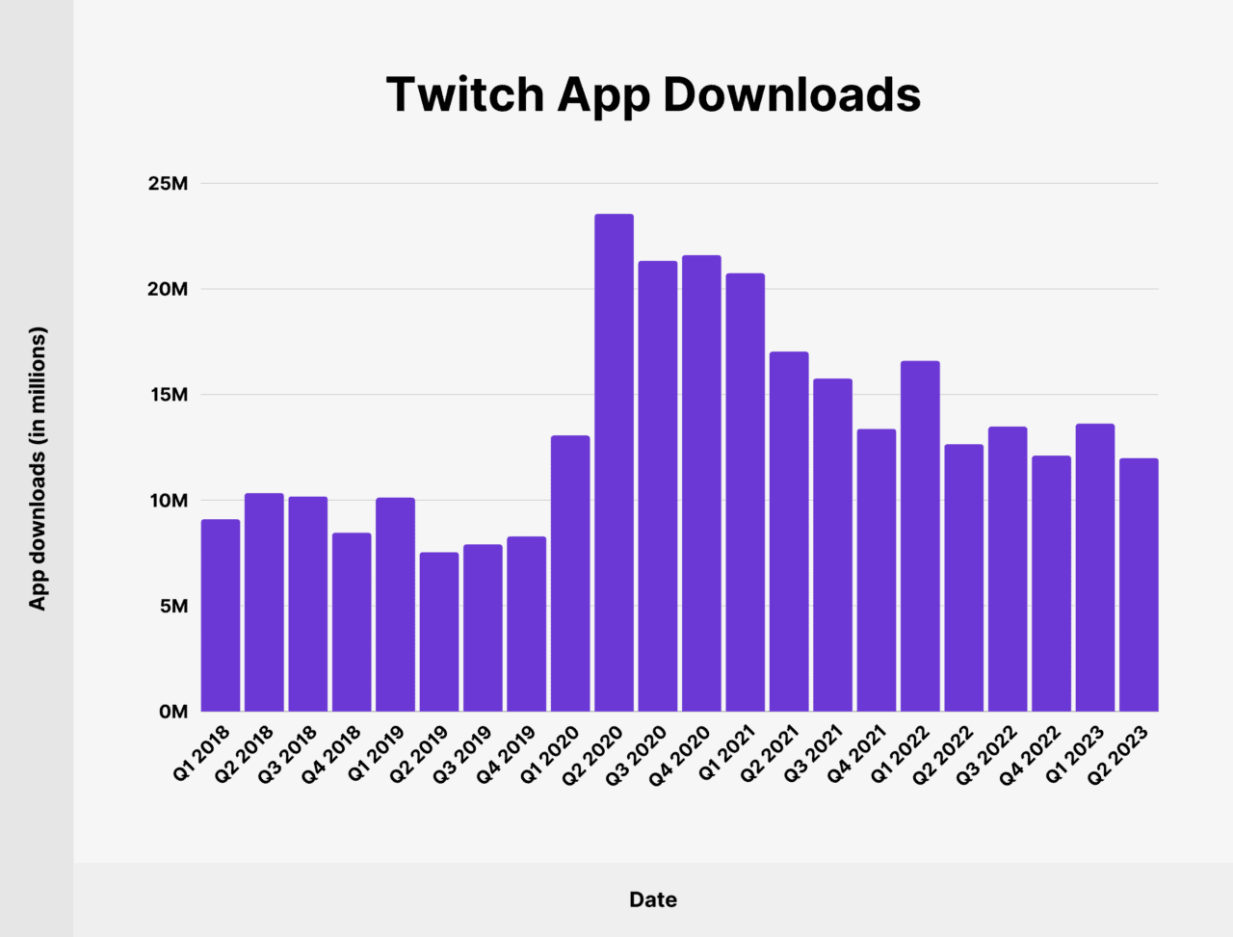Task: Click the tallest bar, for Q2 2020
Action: (614, 462)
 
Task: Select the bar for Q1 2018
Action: (221, 615)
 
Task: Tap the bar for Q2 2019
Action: (438, 632)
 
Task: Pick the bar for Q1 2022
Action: (920, 536)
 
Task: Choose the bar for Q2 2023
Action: (1139, 585)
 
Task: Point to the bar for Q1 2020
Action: (570, 574)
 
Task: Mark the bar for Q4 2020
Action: (701, 483)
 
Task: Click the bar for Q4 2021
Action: (877, 570)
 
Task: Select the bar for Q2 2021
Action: (789, 532)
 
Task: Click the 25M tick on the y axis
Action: (168, 184)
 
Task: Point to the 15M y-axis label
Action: (168, 395)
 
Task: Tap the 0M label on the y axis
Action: (173, 712)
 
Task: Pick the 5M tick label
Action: (173, 606)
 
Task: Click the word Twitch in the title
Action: (465, 94)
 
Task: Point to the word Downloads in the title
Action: (791, 94)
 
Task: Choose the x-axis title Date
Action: (653, 899)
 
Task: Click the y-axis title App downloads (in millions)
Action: (38, 468)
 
